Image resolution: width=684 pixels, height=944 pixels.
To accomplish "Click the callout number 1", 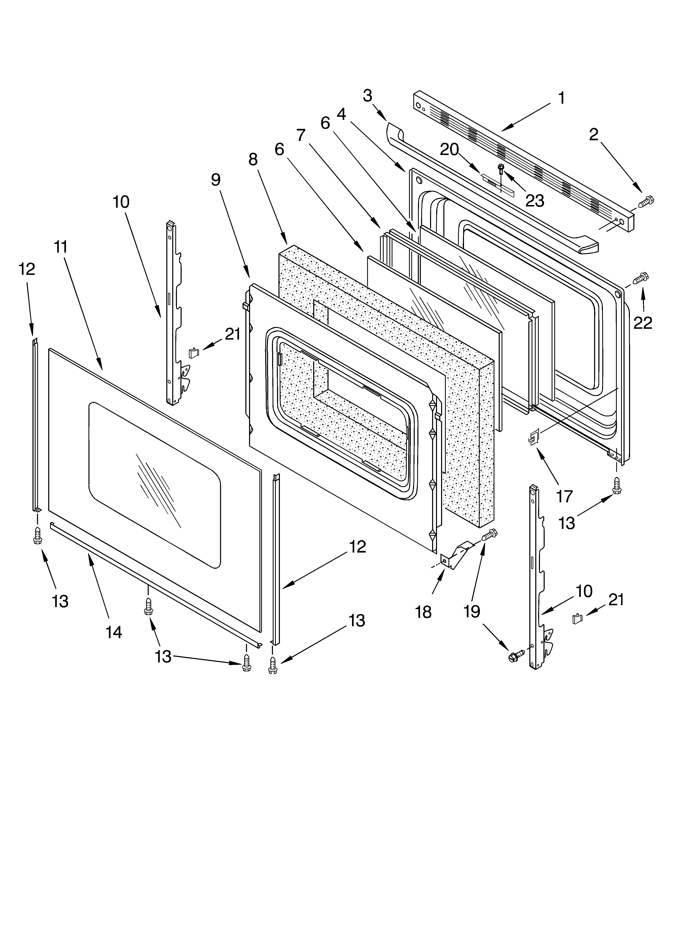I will pos(561,98).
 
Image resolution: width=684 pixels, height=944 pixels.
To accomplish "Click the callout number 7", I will pos(301,135).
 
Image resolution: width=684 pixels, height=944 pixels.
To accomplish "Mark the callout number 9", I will pos(215,180).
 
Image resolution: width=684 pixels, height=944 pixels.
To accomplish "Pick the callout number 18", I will pos(423,612).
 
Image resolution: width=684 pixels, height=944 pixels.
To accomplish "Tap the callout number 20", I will pos(449,149).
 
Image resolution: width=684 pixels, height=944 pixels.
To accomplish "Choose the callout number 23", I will pos(534,201).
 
